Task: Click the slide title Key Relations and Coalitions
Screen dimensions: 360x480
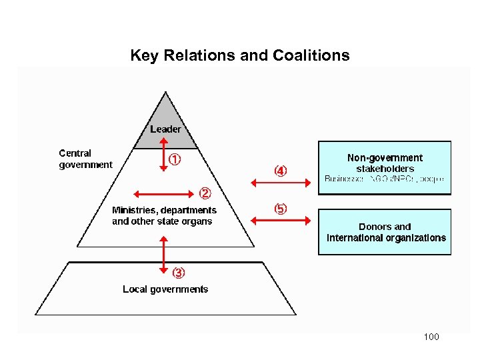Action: [x=239, y=55]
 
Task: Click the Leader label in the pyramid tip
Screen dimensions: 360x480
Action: [x=165, y=129]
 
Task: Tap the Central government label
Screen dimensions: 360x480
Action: [x=85, y=159]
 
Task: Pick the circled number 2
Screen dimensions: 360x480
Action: [x=205, y=194]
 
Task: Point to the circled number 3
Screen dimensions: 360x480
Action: [x=179, y=273]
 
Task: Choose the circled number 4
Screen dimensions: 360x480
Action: [x=281, y=171]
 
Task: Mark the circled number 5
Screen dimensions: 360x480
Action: [x=281, y=209]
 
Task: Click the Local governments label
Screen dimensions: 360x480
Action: [x=165, y=289]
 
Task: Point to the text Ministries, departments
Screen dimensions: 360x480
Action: [x=164, y=210]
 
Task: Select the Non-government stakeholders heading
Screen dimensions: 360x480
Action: [x=385, y=163]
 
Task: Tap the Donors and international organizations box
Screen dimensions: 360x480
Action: [x=385, y=232]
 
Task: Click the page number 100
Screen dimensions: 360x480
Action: [x=431, y=337]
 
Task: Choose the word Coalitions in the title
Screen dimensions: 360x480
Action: [x=309, y=55]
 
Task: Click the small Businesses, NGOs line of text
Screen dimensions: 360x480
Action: [x=384, y=179]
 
